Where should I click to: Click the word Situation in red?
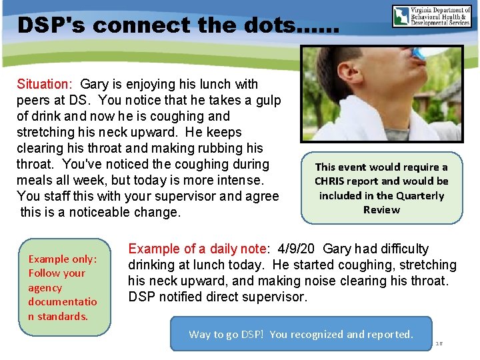click(43, 84)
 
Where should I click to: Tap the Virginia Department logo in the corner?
click(432, 15)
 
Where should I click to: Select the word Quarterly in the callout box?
click(420, 195)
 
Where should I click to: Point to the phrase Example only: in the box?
click(63, 259)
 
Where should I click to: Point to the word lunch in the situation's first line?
click(223, 84)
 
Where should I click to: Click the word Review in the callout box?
click(381, 209)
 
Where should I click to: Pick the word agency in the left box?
click(45, 287)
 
